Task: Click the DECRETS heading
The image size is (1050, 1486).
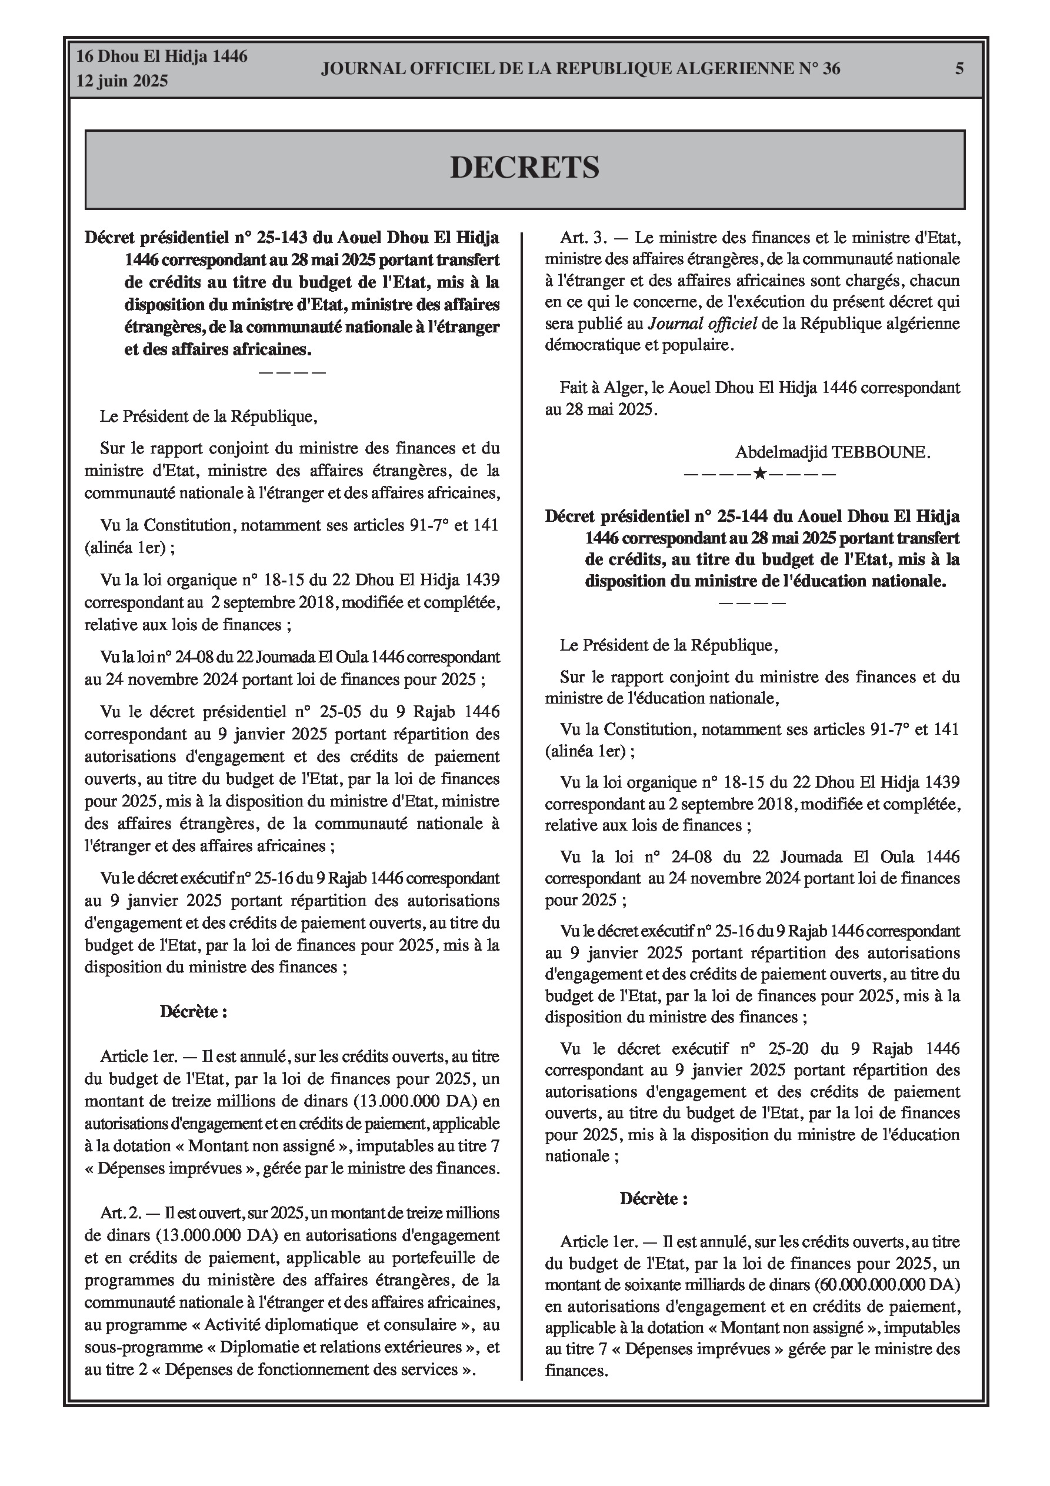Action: click(x=524, y=168)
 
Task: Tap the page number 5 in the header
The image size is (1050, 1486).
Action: click(x=959, y=69)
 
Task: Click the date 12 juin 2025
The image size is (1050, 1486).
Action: click(x=122, y=81)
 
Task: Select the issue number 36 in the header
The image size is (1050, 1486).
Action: click(x=831, y=69)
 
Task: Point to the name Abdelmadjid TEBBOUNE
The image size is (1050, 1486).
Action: click(x=832, y=452)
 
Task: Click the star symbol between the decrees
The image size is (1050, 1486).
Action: click(x=760, y=474)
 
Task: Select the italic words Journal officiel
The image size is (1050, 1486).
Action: click(x=702, y=324)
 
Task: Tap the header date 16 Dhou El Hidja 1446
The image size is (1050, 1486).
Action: click(x=162, y=56)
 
